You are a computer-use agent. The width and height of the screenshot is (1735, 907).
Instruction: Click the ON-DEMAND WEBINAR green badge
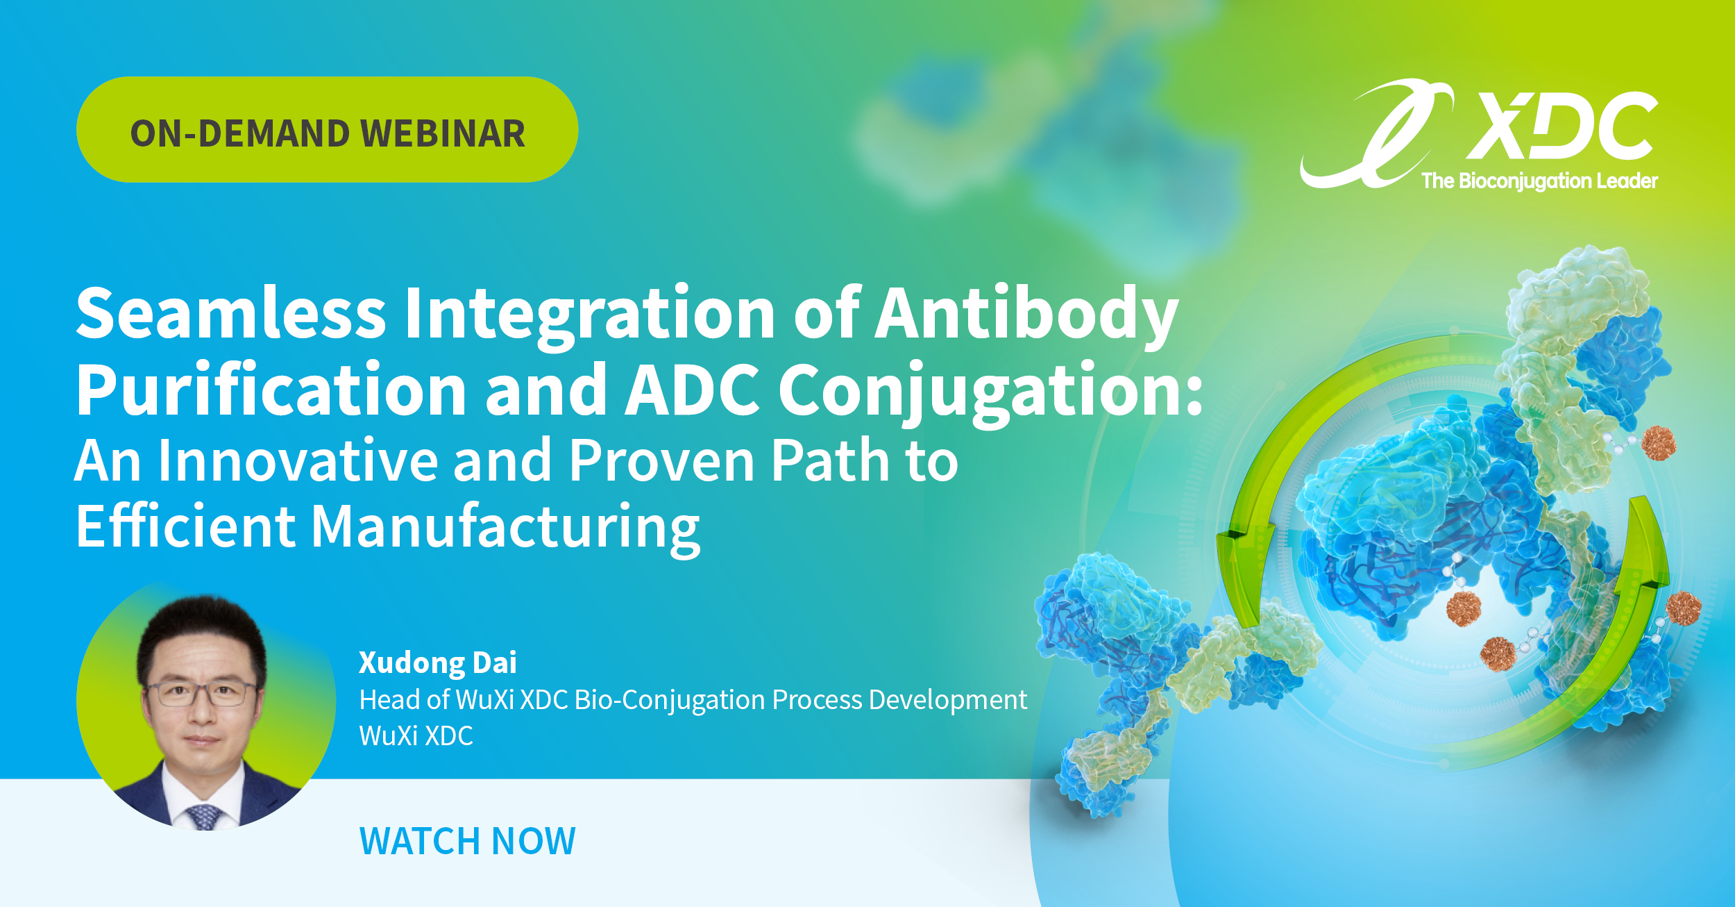coord(327,130)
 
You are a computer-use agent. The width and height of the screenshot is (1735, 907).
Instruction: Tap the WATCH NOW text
coord(467,841)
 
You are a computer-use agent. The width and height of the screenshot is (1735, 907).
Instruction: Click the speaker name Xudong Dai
coord(437,663)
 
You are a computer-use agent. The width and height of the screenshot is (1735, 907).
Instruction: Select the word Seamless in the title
coord(230,313)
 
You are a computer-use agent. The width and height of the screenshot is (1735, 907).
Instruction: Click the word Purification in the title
coord(271,391)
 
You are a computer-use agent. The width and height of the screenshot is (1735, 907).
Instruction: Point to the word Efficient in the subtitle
coord(185,526)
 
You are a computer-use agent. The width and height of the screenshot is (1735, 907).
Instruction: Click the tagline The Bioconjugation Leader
coord(1539,181)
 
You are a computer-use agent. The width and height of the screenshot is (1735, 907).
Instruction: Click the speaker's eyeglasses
coord(200,692)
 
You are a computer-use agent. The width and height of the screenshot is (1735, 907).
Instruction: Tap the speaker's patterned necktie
coord(203,817)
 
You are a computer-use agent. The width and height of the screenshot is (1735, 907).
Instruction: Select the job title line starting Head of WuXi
coord(693,700)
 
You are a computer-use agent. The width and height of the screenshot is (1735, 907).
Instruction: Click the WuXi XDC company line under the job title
coord(416,736)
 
